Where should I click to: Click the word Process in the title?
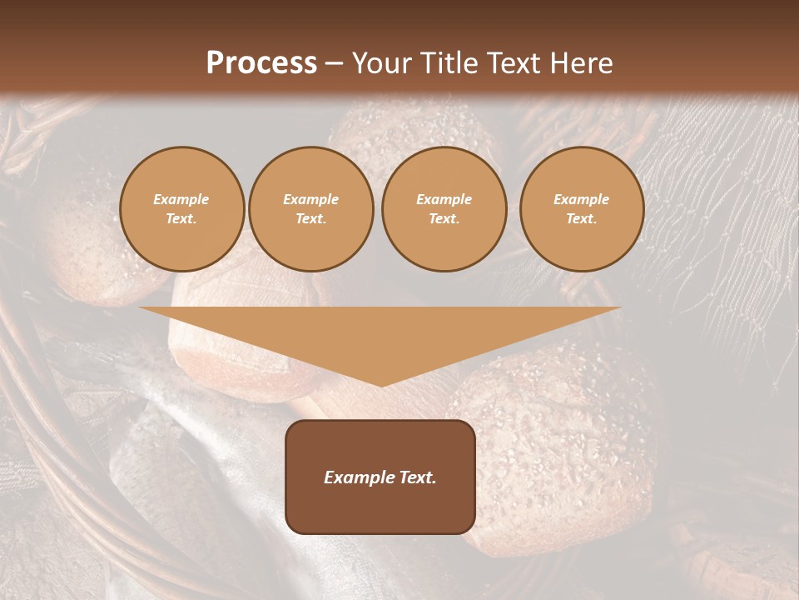(261, 62)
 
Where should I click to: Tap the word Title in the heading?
(451, 62)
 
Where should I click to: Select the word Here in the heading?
(581, 62)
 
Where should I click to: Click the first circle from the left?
(182, 209)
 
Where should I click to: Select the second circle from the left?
(311, 209)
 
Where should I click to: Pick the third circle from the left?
(444, 209)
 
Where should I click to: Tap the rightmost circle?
(582, 209)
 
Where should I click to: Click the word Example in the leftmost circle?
(181, 200)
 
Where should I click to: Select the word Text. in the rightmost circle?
(582, 219)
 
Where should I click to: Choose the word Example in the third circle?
(444, 200)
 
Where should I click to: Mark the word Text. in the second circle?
(311, 219)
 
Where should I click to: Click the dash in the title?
(335, 62)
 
